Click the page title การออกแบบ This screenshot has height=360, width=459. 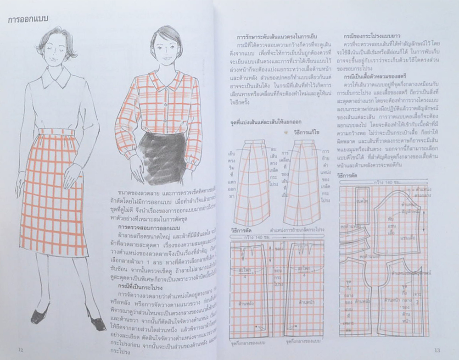pos(29,19)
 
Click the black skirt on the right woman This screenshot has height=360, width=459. pos(162,155)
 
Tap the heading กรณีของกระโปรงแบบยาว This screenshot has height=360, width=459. pos(372,35)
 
